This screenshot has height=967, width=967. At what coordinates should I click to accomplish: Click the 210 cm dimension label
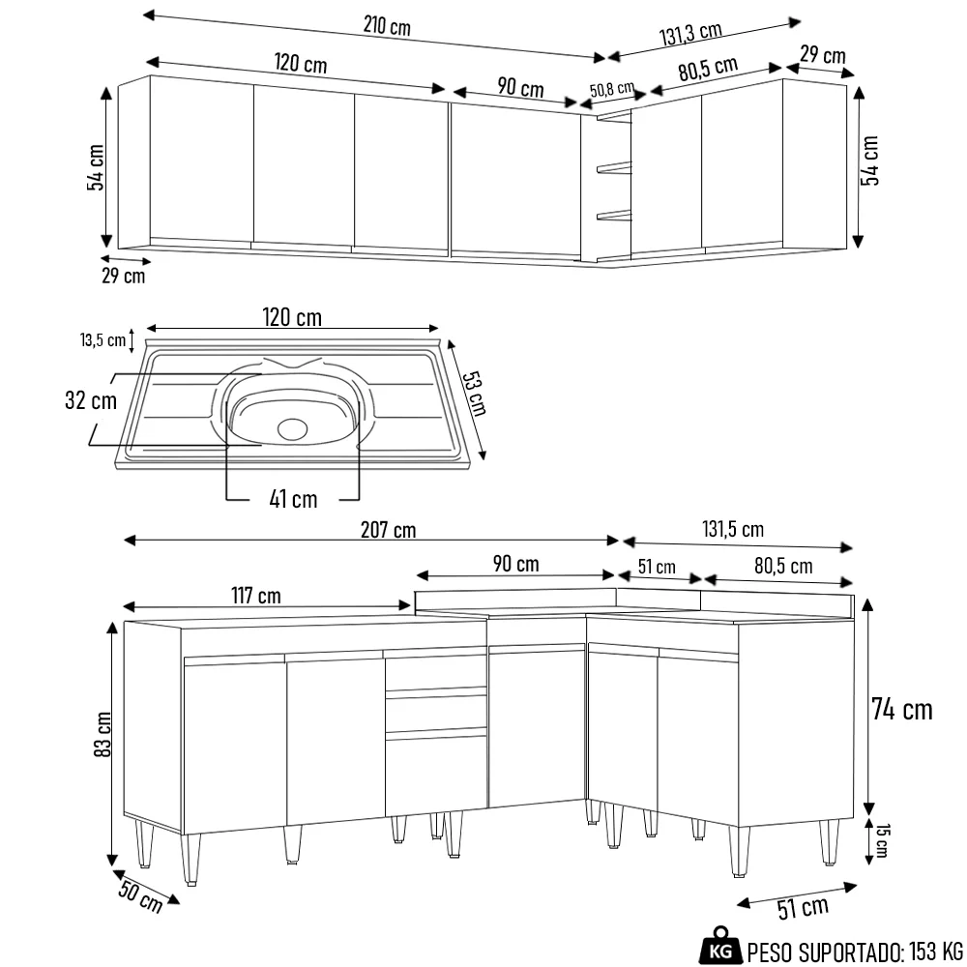[387, 26]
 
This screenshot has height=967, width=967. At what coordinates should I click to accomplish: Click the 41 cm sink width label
[292, 499]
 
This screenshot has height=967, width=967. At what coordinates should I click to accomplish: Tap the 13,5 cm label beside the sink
[103, 339]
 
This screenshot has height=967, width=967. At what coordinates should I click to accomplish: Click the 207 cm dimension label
[388, 529]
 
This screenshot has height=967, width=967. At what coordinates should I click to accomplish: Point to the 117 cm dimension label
[256, 595]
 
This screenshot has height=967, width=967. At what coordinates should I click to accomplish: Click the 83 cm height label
[105, 735]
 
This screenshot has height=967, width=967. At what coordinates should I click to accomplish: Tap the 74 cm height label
[901, 709]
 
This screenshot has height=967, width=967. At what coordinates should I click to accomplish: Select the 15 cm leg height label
[880, 840]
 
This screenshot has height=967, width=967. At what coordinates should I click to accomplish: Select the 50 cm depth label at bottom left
[141, 895]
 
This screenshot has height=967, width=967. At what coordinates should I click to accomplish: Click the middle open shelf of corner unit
[613, 169]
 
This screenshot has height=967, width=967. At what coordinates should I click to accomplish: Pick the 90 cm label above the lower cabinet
[515, 563]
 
